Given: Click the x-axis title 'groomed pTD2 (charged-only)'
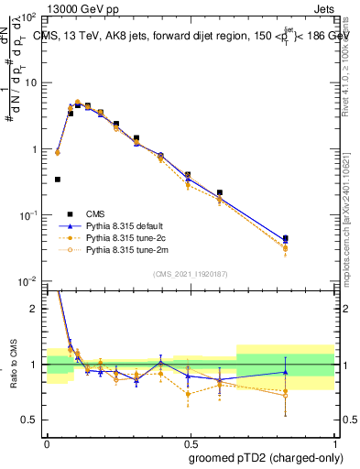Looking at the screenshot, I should coord(266,458).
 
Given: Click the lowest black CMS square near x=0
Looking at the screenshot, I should coord(58,180).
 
